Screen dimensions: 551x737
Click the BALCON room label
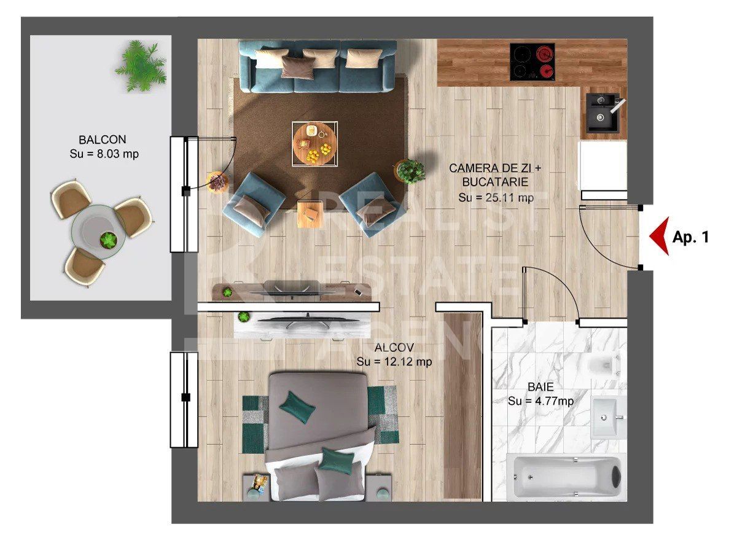click(103, 139)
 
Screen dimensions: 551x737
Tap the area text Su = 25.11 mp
click(496, 197)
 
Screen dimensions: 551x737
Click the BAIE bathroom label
click(540, 388)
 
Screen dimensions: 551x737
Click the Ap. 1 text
click(690, 237)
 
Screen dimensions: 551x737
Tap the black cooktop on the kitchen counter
click(532, 61)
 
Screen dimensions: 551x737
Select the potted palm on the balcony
click(141, 65)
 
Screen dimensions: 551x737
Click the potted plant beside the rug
click(410, 170)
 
